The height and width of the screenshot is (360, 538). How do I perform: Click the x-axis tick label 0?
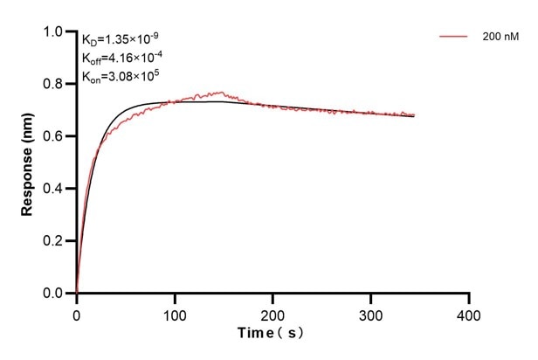coord(77,312)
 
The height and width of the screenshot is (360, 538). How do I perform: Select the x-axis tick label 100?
coord(175,312)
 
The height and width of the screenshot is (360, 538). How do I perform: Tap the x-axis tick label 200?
coord(273,312)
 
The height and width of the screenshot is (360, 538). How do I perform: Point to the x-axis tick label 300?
coord(371,312)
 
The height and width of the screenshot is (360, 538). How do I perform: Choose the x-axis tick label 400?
coord(470,312)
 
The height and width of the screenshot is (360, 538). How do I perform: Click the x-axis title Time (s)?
coord(272,334)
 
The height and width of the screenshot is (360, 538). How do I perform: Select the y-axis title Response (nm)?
coord(29,163)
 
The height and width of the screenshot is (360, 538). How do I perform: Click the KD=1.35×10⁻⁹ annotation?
coord(121,39)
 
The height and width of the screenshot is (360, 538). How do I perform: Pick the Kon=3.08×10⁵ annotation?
coord(120,77)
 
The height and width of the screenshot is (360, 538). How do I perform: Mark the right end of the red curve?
coord(414,114)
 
